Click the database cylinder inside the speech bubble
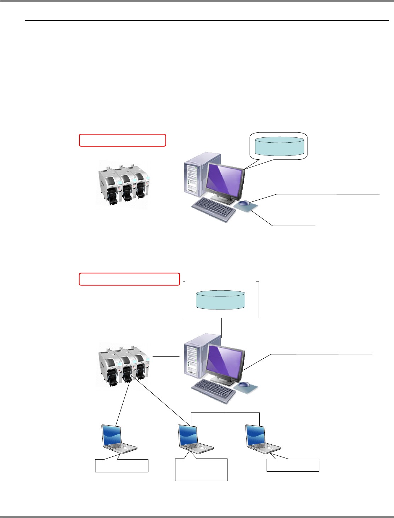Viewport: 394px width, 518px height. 279,146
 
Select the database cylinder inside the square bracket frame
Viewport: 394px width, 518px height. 220,300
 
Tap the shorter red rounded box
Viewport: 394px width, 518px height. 122,140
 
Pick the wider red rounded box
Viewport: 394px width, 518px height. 129,279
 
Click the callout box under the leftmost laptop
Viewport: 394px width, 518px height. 122,466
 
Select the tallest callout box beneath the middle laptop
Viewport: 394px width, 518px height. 201,470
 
